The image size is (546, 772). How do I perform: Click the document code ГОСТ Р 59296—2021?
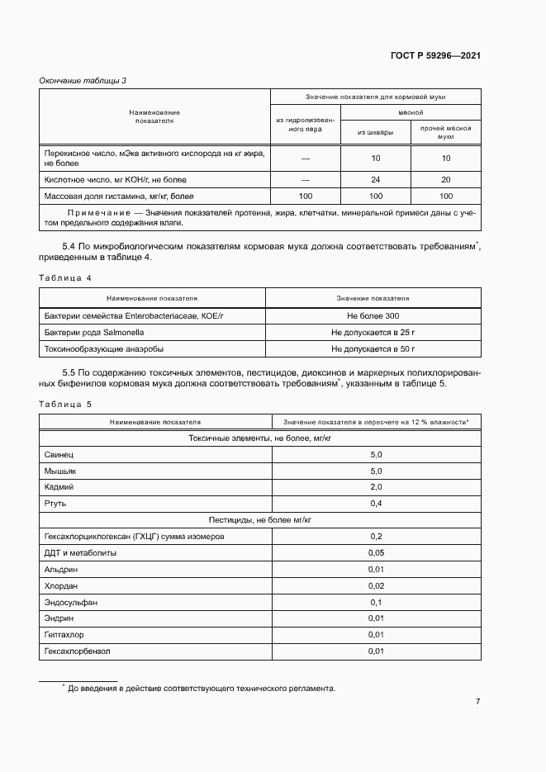[x=435, y=56]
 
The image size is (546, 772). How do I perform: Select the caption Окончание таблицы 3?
[x=83, y=80]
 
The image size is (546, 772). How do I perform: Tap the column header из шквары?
[x=375, y=132]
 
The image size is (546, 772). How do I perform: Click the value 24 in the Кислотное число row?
[x=376, y=179]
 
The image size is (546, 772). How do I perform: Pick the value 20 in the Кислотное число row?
[x=446, y=179]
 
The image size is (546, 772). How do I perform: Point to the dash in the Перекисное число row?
[x=305, y=158]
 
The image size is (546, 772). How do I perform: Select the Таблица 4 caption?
[x=66, y=277]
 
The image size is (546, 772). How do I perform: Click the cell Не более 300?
[x=373, y=316]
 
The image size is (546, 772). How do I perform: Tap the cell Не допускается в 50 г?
[x=373, y=349]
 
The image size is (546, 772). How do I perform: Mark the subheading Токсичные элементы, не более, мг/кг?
[x=259, y=438]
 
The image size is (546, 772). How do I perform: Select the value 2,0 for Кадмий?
[x=376, y=487]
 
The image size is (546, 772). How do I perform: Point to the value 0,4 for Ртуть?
[x=376, y=504]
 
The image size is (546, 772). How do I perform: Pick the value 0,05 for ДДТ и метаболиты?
[x=376, y=552]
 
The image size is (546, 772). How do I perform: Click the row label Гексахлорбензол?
[x=77, y=651]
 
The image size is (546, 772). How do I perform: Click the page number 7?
[x=477, y=701]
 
